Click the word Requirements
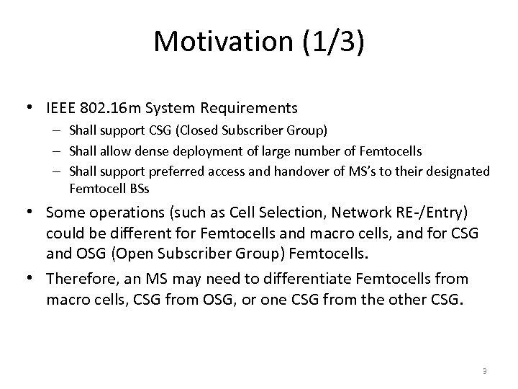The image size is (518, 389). (x=253, y=109)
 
